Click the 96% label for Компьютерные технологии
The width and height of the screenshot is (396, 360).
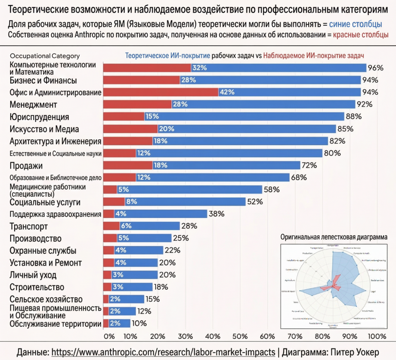click(x=375, y=68)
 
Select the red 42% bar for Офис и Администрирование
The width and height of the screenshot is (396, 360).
click(x=160, y=93)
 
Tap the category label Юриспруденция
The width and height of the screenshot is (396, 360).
click(x=39, y=117)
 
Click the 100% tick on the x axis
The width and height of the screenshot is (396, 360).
click(x=377, y=336)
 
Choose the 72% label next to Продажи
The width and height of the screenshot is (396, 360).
click(x=309, y=165)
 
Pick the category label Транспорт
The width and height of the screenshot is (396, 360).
click(x=29, y=226)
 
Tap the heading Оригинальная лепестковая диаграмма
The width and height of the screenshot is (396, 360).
click(x=333, y=237)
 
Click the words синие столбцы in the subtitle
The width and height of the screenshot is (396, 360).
click(x=355, y=24)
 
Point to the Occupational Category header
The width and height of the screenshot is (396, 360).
click(x=45, y=56)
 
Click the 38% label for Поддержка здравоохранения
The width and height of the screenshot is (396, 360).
click(x=216, y=214)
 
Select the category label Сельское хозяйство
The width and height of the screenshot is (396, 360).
click(x=46, y=299)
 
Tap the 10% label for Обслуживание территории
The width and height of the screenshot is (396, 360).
click(x=139, y=324)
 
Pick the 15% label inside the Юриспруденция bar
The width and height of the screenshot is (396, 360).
click(x=152, y=117)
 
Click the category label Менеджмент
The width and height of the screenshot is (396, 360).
click(x=33, y=105)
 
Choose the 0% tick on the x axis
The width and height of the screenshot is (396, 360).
click(x=109, y=336)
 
